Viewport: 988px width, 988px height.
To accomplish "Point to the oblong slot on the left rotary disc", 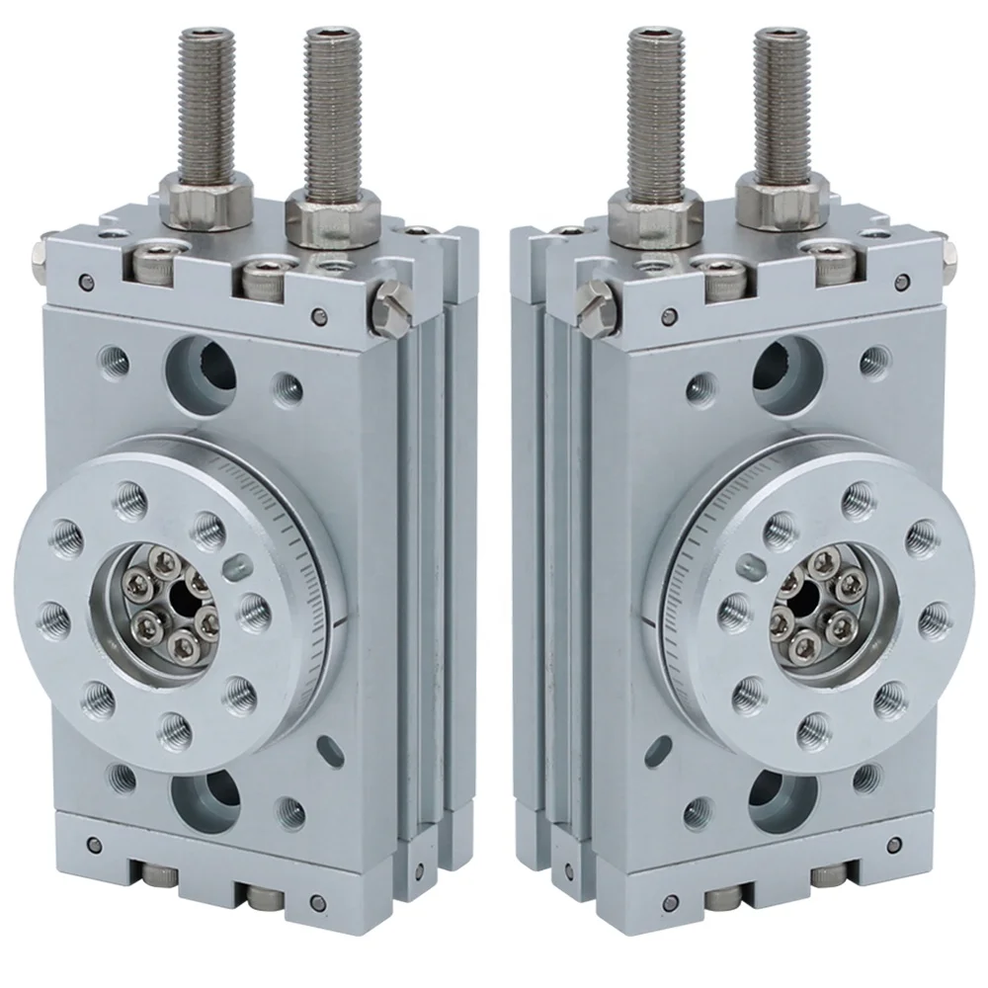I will pos(236,566).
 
